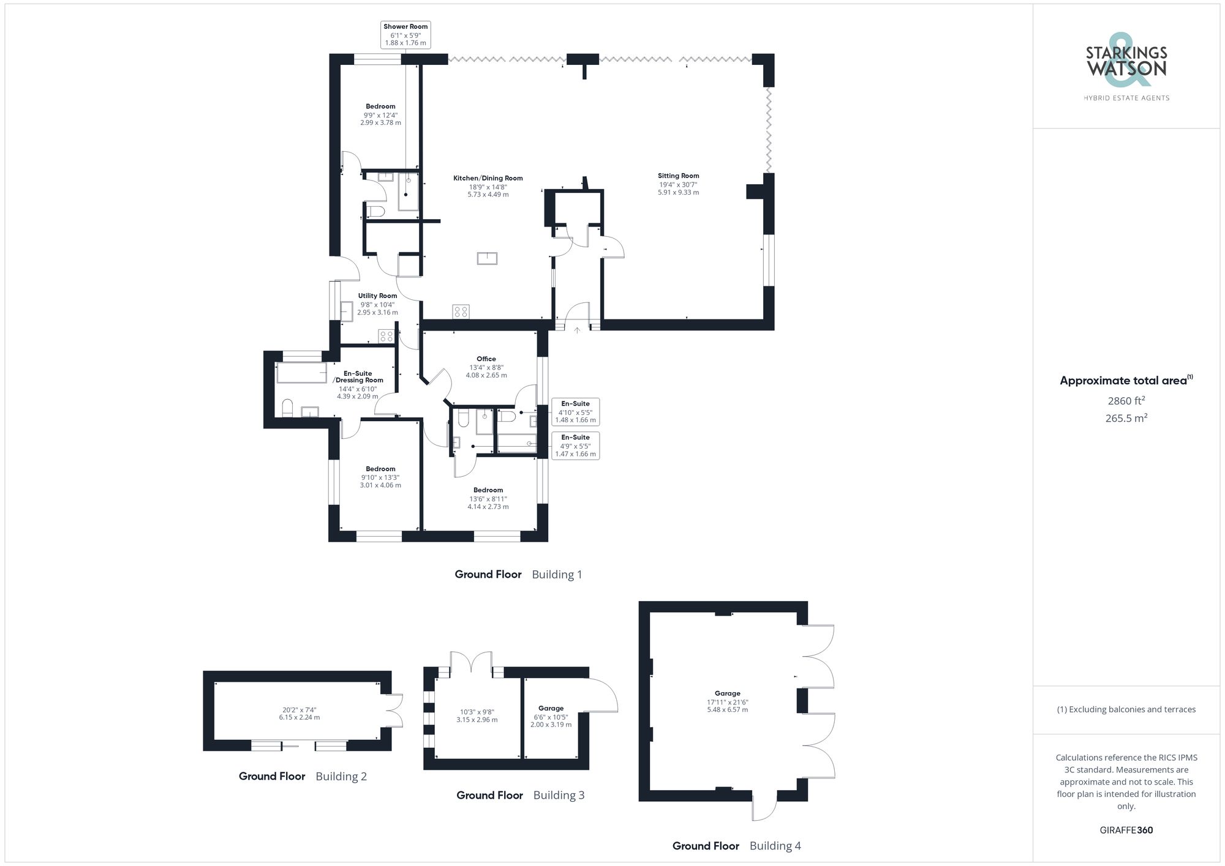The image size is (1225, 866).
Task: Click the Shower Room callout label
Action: point(405,34)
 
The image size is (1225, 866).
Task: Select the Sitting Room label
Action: point(678,184)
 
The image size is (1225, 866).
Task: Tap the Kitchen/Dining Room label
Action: point(488,186)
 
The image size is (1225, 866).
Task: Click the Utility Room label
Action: point(377,304)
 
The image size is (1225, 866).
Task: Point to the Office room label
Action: point(486,367)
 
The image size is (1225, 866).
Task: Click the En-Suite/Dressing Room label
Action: point(358,384)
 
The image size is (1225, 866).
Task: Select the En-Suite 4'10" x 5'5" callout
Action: point(575,412)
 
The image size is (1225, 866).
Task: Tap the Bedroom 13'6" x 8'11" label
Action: point(488,498)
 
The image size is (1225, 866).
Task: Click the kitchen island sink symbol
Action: point(487,258)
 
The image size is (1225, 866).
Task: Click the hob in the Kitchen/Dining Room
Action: point(461,312)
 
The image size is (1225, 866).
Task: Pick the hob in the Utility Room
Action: point(386,335)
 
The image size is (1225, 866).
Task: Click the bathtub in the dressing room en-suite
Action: point(301,373)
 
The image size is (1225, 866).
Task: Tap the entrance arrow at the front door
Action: point(576,330)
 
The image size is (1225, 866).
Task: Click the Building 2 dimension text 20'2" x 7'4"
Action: point(299,714)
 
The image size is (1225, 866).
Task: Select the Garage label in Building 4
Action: point(727,701)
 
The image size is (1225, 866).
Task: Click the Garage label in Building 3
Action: point(551,716)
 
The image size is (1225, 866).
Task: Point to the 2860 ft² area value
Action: point(1126,401)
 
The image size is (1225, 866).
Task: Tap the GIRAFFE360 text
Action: point(1126,831)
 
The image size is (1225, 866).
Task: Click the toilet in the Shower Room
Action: point(376,212)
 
